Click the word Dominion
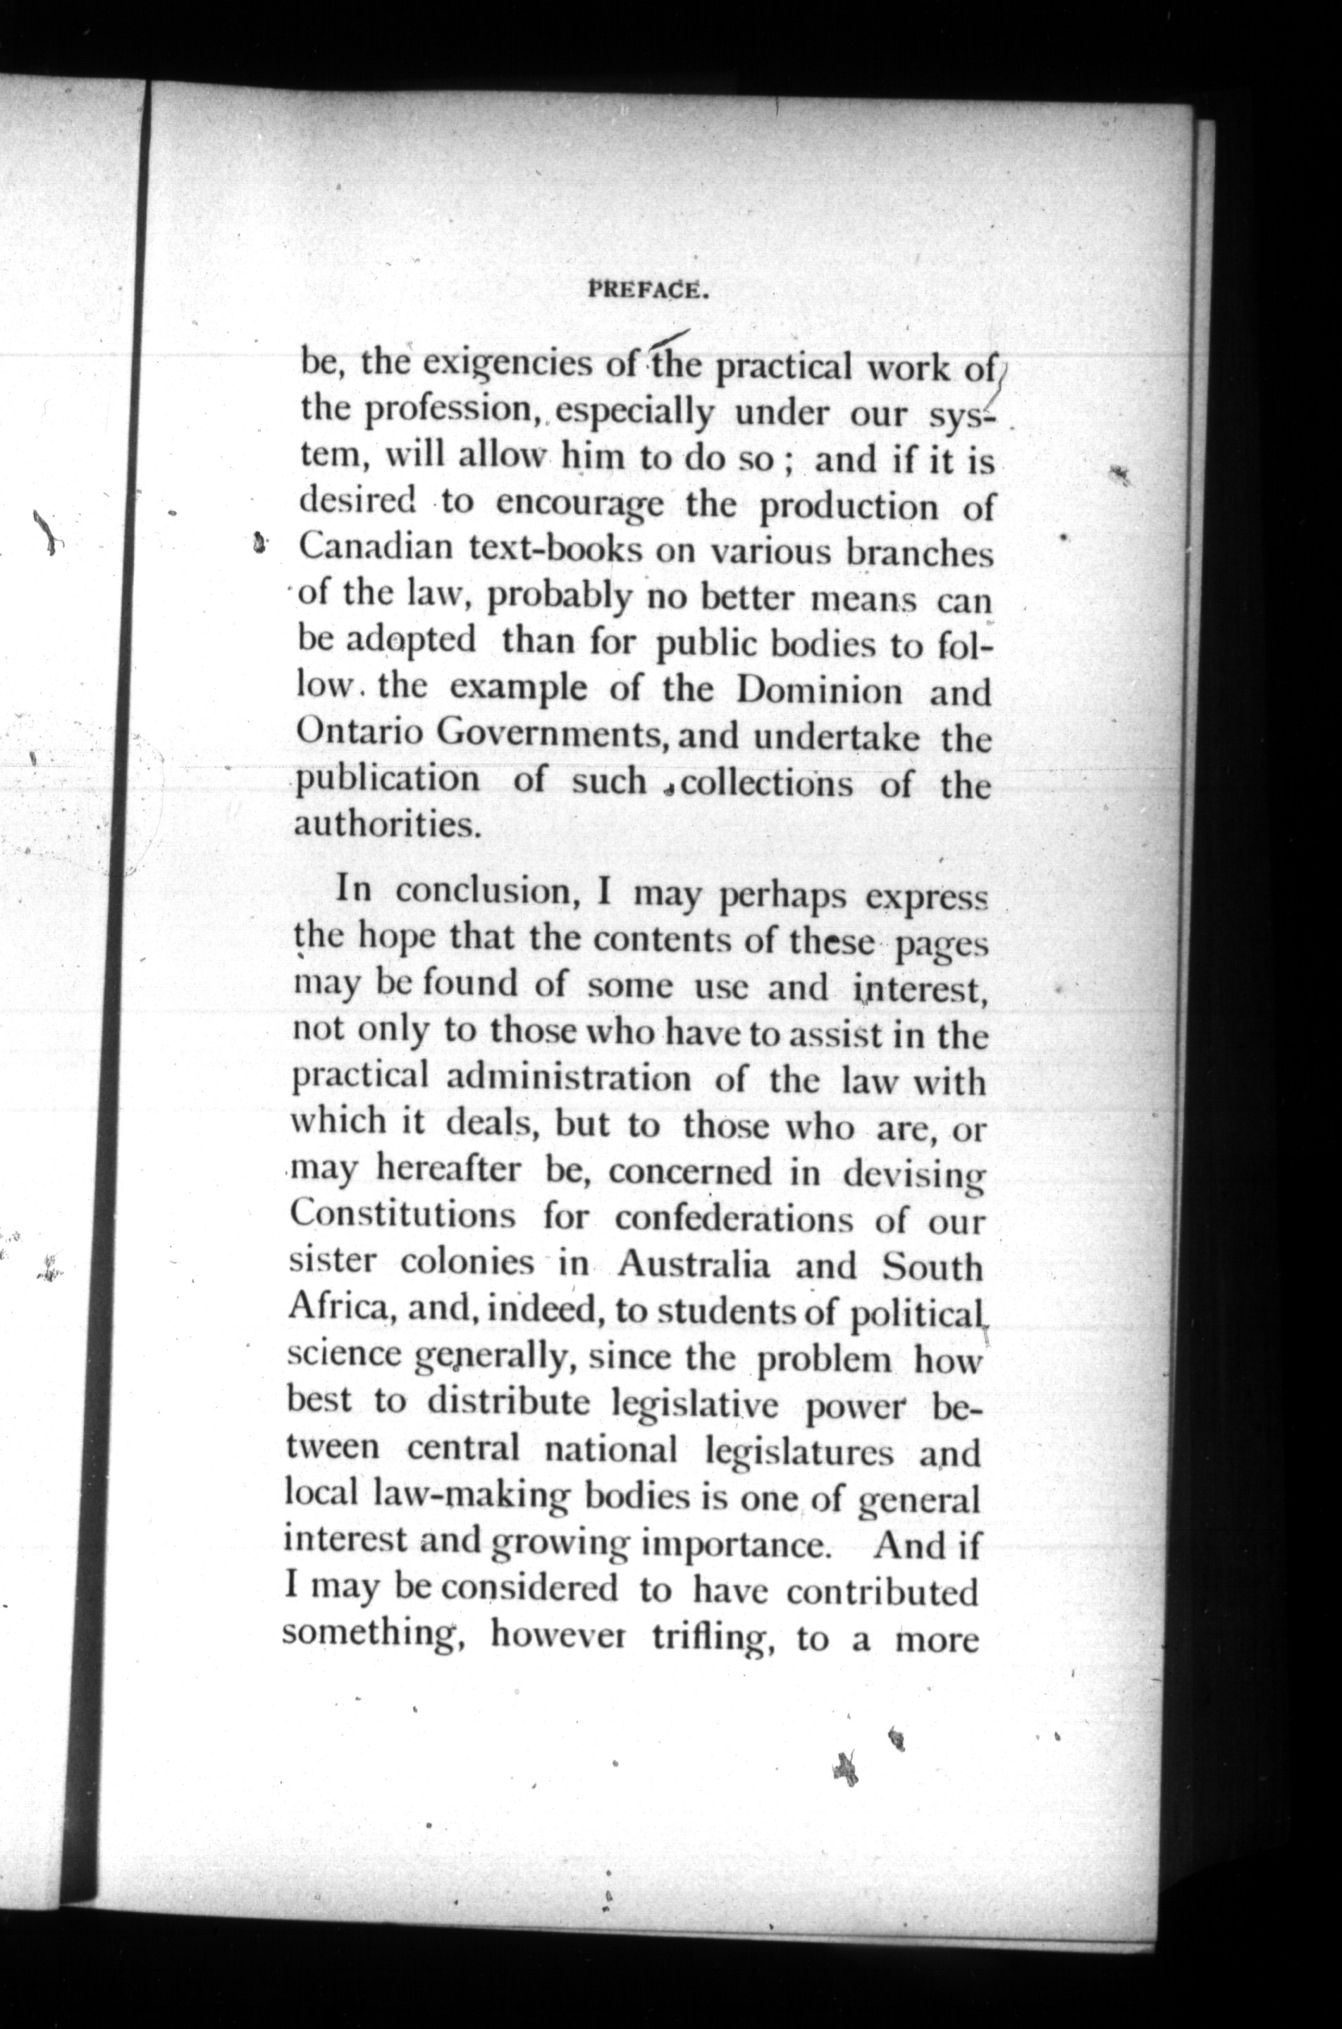[x=820, y=690]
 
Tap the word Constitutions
[x=402, y=1215]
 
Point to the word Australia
[x=694, y=1265]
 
